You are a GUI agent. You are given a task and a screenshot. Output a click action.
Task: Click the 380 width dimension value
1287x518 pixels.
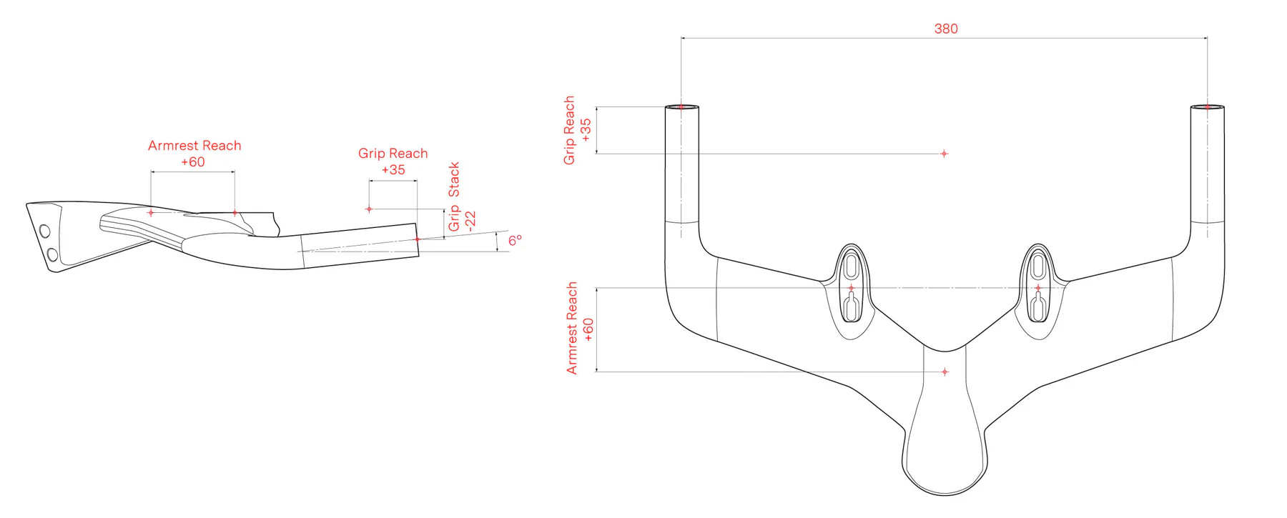coord(945,29)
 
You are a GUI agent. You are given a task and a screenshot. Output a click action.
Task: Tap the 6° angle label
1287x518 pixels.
coord(515,240)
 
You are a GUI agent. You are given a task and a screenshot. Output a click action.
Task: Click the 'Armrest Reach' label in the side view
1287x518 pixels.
coord(194,146)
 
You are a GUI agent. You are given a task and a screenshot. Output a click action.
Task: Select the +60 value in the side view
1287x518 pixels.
coord(193,162)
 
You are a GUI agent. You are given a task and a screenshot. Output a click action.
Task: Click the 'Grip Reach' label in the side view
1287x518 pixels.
coord(393,154)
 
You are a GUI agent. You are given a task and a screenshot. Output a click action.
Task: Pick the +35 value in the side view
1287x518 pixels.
coord(393,170)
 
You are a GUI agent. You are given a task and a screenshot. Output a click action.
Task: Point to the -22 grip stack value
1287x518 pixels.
coord(470,221)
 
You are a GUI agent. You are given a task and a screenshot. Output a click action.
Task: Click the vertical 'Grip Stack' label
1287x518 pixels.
coord(454,196)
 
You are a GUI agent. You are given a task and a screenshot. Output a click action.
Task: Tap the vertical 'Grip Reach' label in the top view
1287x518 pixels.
coord(569,130)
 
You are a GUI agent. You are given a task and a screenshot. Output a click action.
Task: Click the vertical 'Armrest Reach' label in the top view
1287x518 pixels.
coord(571,328)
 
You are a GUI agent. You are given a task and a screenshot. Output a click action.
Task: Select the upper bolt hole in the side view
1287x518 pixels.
coord(45,231)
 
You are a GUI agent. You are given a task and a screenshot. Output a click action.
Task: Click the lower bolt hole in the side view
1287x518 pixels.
coord(52,254)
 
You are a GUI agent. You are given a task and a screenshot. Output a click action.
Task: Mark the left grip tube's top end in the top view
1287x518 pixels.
coord(681,107)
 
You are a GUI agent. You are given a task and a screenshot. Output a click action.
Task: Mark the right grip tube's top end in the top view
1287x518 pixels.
coord(1207,107)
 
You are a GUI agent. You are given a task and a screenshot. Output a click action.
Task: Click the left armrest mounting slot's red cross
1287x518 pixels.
coord(851,288)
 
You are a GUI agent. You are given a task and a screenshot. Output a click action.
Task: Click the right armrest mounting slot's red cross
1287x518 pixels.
coord(1038,288)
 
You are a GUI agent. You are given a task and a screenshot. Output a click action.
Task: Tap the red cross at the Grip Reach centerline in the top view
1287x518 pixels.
coord(944,154)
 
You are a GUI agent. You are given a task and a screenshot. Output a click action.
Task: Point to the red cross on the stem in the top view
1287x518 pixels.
coord(945,372)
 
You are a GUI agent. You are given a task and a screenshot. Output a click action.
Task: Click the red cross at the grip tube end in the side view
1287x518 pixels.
coord(418,239)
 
